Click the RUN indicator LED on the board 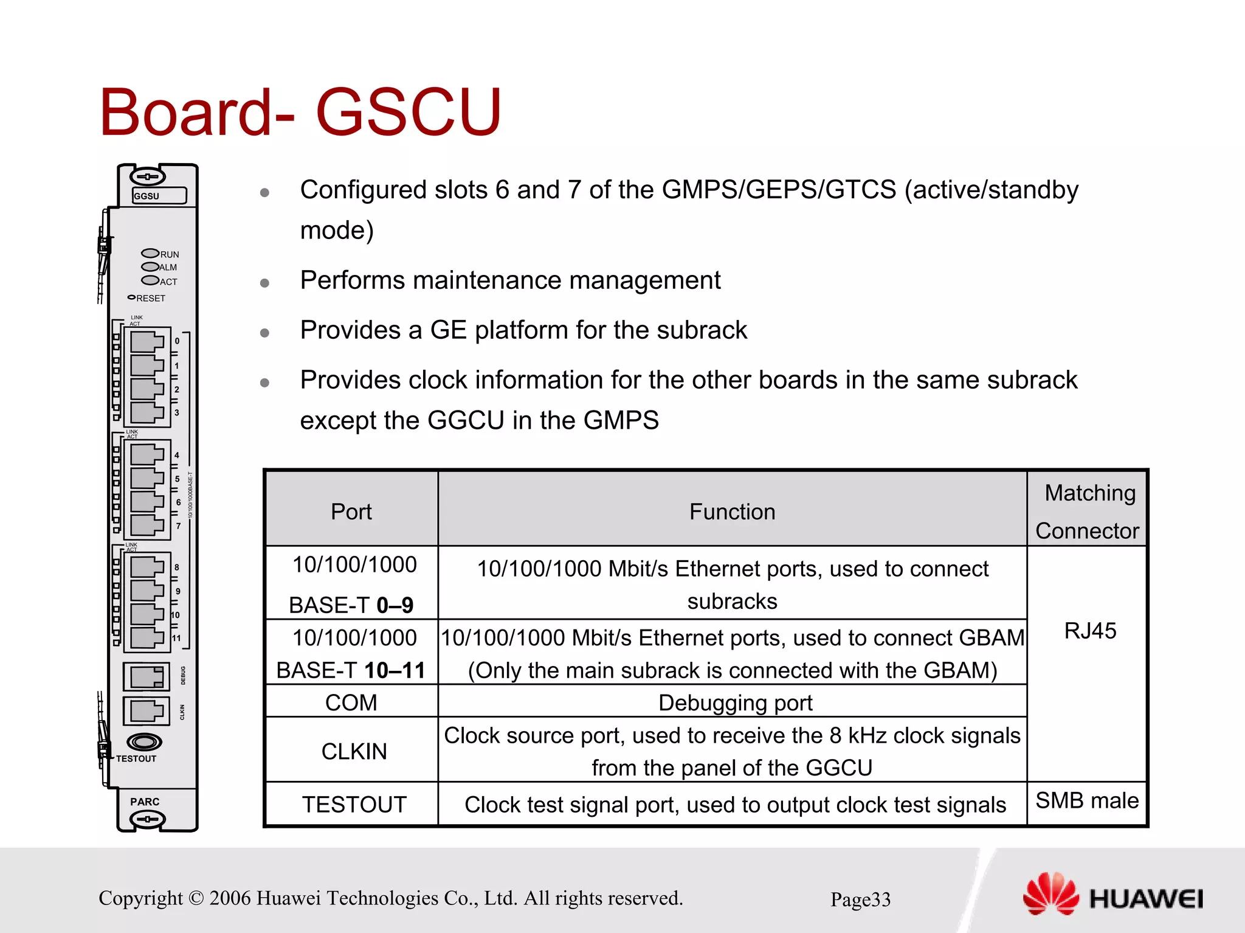pos(150,253)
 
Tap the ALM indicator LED pos(150,266)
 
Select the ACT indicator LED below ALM pos(150,280)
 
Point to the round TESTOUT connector pos(144,742)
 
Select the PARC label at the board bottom pos(145,802)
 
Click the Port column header pos(351,512)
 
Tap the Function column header pos(732,512)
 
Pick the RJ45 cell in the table pos(1090,631)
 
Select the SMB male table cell pos(1087,800)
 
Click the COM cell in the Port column pos(351,702)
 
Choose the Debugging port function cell pos(735,702)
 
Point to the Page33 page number pos(860,899)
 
